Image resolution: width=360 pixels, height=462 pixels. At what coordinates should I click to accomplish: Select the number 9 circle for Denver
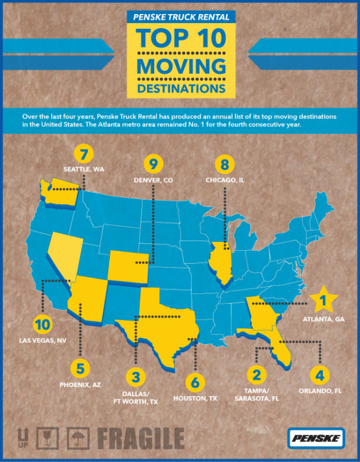154,164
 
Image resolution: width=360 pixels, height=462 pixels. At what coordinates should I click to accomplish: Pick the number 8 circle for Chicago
225,164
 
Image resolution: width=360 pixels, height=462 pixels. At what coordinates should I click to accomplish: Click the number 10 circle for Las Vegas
44,325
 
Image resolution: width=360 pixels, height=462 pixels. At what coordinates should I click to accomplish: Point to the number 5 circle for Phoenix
80,368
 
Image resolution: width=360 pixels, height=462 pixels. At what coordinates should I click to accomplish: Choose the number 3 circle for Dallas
135,375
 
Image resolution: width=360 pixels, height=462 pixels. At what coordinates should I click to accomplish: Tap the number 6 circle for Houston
195,383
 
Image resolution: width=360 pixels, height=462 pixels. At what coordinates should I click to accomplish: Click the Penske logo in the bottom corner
316,438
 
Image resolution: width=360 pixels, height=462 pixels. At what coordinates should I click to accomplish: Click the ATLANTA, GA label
320,319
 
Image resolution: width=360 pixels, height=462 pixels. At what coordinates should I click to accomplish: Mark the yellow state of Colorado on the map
128,269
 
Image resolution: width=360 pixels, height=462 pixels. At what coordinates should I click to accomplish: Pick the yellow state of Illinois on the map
221,262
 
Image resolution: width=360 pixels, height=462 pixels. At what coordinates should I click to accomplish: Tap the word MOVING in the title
181,65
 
